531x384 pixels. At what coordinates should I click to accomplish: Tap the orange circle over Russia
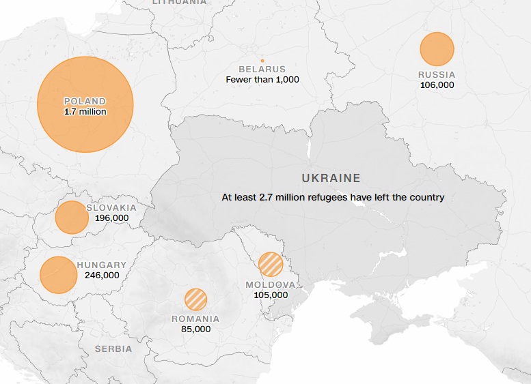point(437,49)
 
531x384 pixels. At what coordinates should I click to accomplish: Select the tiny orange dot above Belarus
point(262,61)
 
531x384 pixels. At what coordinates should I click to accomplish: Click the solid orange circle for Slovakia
point(71,218)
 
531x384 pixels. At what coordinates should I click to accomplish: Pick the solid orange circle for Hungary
point(58,275)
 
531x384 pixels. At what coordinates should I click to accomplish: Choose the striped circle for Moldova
point(271,264)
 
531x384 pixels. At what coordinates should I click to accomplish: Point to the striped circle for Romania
point(195,299)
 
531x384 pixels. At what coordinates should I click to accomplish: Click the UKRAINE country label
point(331,178)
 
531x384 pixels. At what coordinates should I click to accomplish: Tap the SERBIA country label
point(113,349)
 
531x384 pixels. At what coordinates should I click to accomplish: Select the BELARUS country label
point(262,70)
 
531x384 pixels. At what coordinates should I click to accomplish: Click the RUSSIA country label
point(437,75)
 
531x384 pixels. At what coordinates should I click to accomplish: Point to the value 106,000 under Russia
point(437,85)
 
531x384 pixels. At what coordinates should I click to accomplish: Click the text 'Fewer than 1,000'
point(262,80)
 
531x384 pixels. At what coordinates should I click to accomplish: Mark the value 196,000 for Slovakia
point(112,218)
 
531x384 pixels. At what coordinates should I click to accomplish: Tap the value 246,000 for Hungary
point(102,275)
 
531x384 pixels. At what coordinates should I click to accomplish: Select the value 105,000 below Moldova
point(271,295)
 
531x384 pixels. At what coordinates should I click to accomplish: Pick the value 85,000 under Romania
point(195,329)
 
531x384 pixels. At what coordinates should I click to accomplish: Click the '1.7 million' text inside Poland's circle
point(85,111)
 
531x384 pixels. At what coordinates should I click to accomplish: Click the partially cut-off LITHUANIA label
point(178,3)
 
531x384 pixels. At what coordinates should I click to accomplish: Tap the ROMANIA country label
point(195,319)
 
